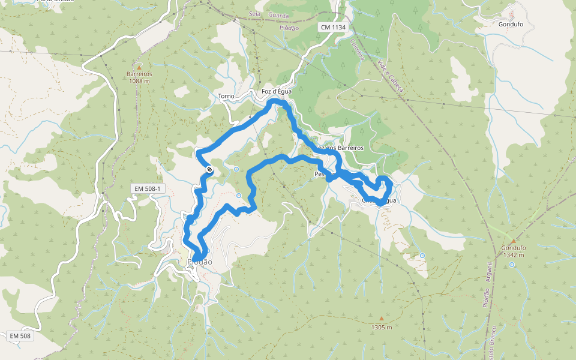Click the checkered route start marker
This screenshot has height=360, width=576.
click(x=209, y=170)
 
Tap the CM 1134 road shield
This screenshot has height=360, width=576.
click(x=333, y=27)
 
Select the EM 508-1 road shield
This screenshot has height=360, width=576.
click(x=148, y=189)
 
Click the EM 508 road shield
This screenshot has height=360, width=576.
click(x=20, y=336)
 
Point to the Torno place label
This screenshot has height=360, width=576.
click(x=226, y=97)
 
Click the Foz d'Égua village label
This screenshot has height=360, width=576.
click(x=277, y=91)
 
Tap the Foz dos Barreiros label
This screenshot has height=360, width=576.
click(x=339, y=148)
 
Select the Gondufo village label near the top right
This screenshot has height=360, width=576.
click(x=511, y=25)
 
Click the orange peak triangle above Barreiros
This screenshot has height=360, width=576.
click(x=139, y=67)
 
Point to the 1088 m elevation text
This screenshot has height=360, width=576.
click(x=139, y=81)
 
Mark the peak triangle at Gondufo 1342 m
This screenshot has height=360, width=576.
click(x=513, y=241)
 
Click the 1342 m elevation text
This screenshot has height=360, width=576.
click(x=513, y=255)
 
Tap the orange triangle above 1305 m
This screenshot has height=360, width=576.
click(x=381, y=319)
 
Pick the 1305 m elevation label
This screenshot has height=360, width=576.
click(x=382, y=327)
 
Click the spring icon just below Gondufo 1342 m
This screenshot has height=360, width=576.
click(x=512, y=265)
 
